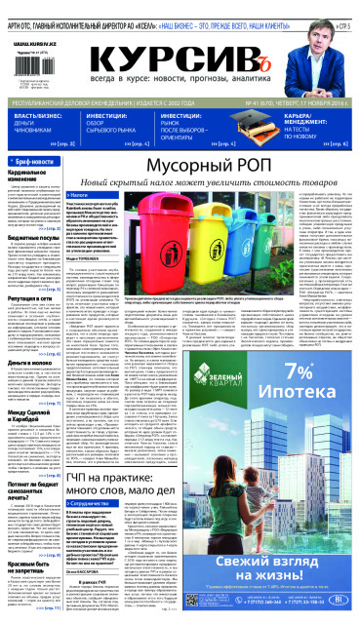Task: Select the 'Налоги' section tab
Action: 108,196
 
